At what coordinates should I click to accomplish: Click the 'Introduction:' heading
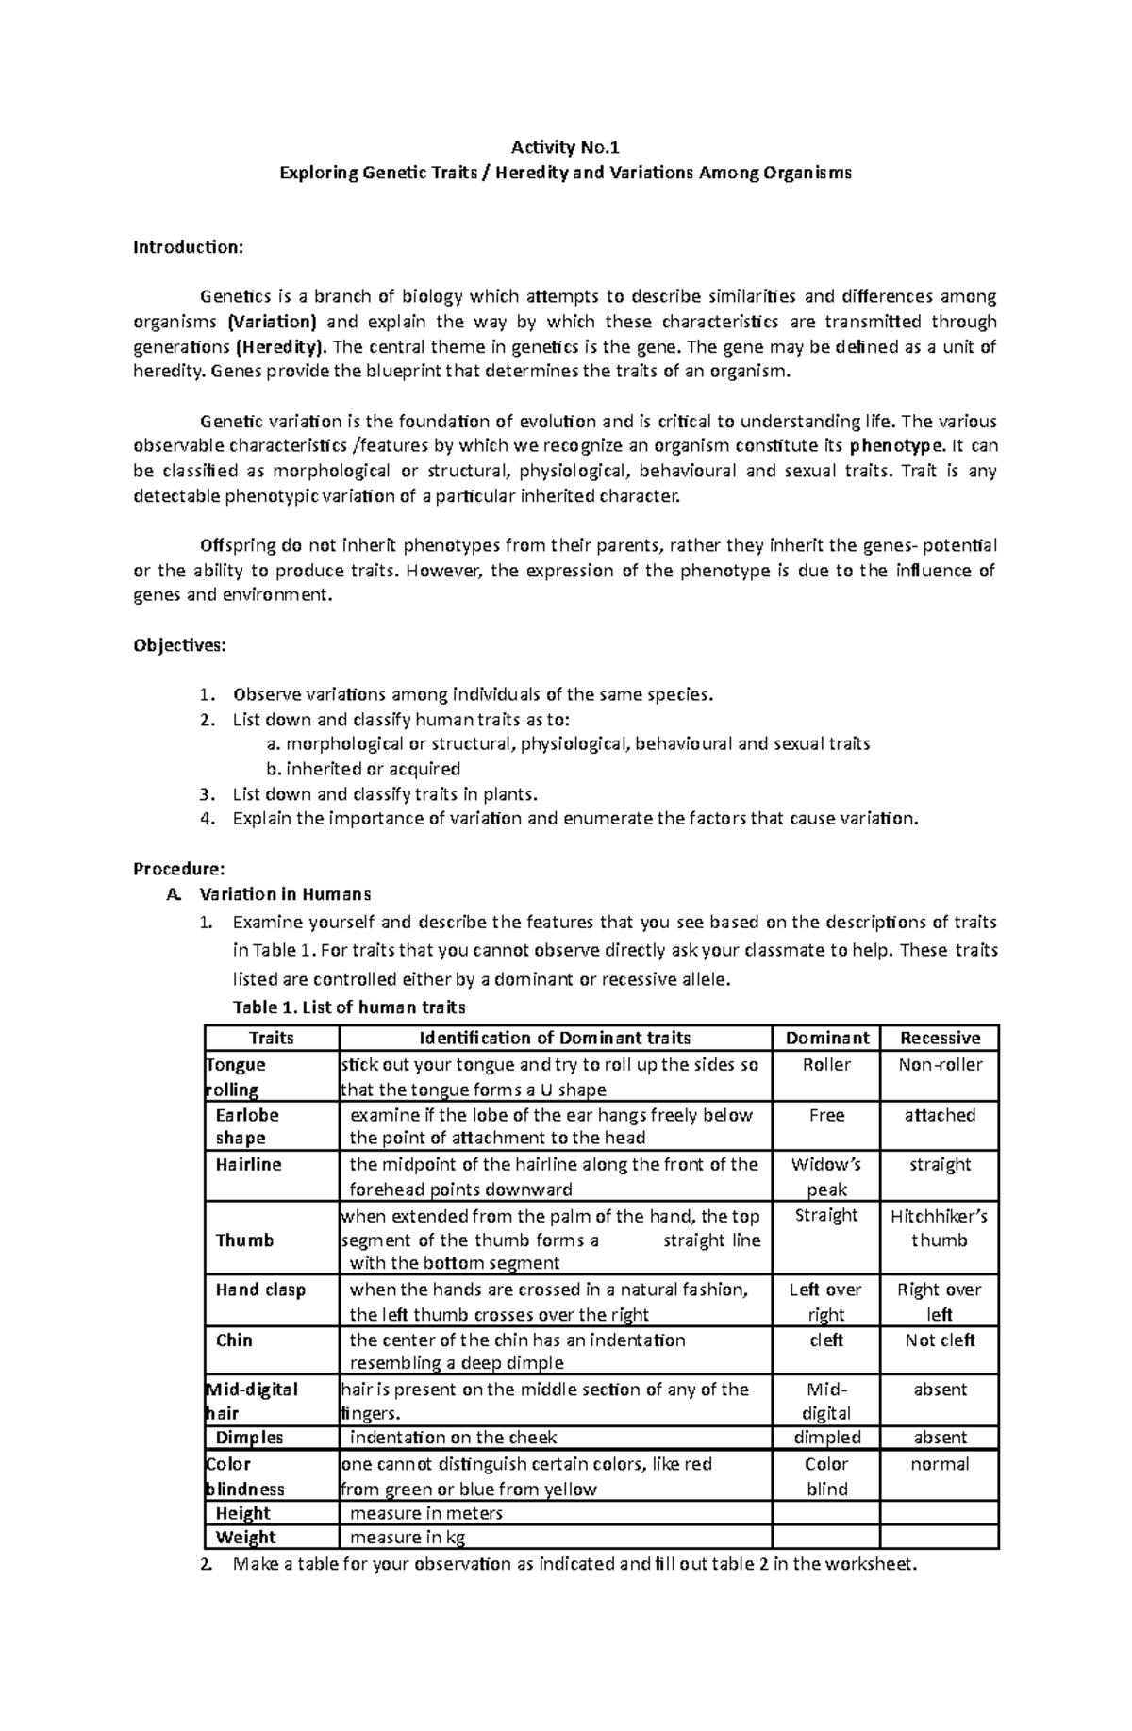188,247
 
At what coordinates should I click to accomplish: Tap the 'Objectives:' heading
179,645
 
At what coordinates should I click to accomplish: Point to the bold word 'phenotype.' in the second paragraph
896,446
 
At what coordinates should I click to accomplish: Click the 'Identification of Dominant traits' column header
555,1038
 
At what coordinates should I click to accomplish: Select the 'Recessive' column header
940,1038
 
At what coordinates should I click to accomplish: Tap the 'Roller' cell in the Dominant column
826,1065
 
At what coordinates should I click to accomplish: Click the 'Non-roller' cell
940,1065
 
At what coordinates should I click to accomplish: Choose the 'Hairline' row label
248,1165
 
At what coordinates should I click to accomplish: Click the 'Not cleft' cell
940,1340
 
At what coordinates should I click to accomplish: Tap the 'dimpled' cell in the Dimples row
826,1438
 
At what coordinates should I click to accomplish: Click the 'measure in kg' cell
410,1538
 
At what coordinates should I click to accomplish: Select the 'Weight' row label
245,1538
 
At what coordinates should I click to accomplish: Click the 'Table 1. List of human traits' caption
349,1007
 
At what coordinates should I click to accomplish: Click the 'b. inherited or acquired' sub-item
364,769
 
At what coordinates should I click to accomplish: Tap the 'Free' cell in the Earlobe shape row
826,1115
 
